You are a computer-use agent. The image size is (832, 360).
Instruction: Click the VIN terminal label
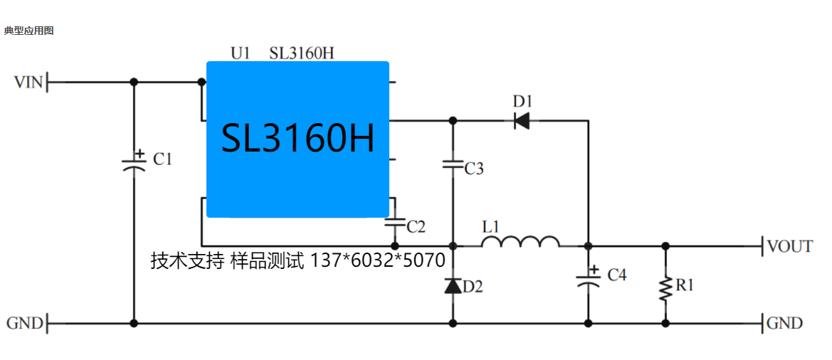click(28, 83)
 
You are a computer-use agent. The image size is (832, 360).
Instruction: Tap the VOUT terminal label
click(789, 246)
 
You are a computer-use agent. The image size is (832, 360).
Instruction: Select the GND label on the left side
click(25, 323)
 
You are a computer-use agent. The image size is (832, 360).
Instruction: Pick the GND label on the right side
click(784, 323)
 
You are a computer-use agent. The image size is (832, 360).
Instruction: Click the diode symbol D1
click(522, 120)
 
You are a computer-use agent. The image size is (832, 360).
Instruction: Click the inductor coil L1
click(520, 243)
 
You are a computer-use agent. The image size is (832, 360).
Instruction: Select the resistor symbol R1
click(665, 287)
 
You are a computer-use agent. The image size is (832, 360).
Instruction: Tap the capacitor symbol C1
click(134, 162)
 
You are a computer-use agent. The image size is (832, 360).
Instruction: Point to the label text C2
click(416, 227)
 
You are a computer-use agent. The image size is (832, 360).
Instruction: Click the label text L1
click(491, 227)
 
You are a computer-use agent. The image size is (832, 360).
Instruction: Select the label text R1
click(685, 285)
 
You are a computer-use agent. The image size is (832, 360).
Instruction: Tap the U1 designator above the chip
click(241, 53)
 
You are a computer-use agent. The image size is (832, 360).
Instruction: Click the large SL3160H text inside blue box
click(297, 138)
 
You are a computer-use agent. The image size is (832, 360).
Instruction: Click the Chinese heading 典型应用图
click(28, 31)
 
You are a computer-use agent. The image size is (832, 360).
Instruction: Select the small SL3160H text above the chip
click(302, 53)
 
